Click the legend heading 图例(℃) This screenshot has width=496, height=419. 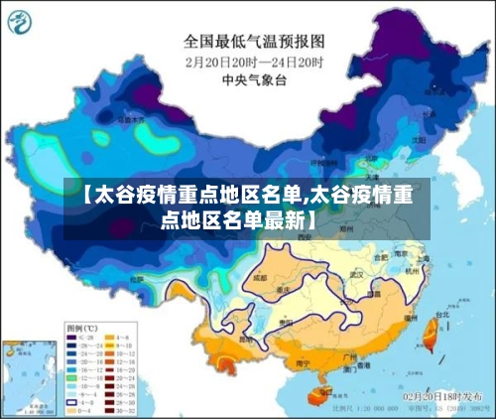81,327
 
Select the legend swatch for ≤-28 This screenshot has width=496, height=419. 71,337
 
